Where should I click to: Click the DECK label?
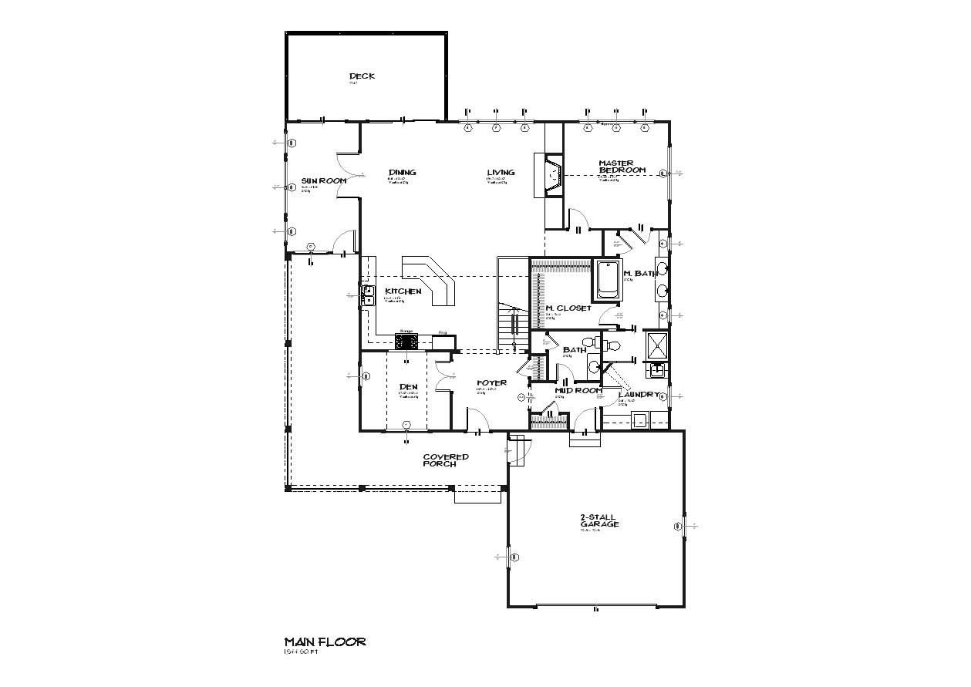click(x=362, y=76)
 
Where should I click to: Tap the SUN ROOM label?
click(x=323, y=180)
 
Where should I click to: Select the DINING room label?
click(x=403, y=173)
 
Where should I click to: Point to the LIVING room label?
click(x=501, y=173)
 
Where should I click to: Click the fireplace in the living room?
click(x=553, y=177)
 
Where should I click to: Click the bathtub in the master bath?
click(x=607, y=280)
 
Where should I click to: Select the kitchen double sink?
click(x=368, y=295)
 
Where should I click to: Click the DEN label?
click(x=408, y=387)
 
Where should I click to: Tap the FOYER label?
click(x=491, y=382)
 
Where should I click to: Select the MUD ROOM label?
click(x=578, y=391)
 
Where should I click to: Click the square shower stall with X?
click(x=656, y=346)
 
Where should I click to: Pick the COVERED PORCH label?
click(x=445, y=460)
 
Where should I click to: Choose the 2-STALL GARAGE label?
click(x=599, y=520)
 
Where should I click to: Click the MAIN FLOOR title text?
click(x=325, y=642)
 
